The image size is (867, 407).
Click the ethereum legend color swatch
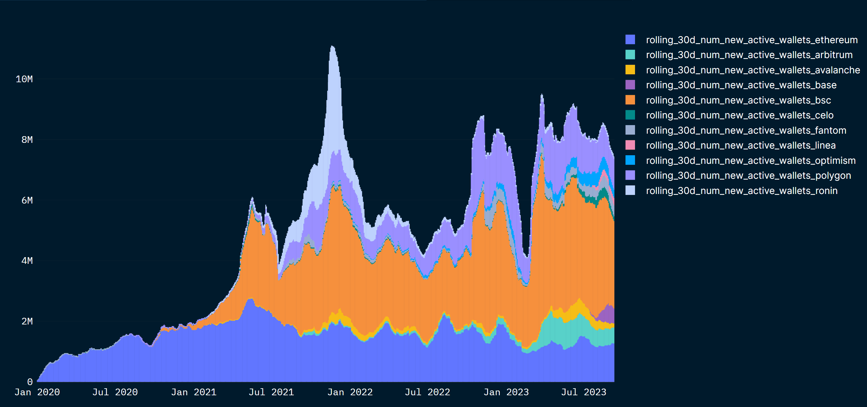coord(630,39)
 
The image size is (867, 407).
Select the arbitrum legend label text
coord(749,55)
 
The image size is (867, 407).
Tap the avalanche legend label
coord(752,70)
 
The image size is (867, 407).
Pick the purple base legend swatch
coord(630,85)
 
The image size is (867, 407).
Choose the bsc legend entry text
coord(738,100)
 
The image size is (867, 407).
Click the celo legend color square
coord(630,115)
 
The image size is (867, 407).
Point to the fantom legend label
coord(746,130)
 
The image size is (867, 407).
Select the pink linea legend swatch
coord(630,145)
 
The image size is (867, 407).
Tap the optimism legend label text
coord(751,161)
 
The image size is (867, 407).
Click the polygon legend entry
coord(748,175)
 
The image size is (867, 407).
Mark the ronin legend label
coord(741,190)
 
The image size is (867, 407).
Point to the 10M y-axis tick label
coord(24,79)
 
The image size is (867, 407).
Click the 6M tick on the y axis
coord(27,200)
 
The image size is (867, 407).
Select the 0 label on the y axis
coord(30,382)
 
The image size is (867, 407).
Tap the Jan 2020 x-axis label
coord(37,392)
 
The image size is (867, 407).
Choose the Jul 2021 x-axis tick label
coord(271,392)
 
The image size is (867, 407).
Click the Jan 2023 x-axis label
coord(506,392)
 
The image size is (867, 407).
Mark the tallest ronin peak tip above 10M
coord(332,46)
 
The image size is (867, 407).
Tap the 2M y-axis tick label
coord(27,321)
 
